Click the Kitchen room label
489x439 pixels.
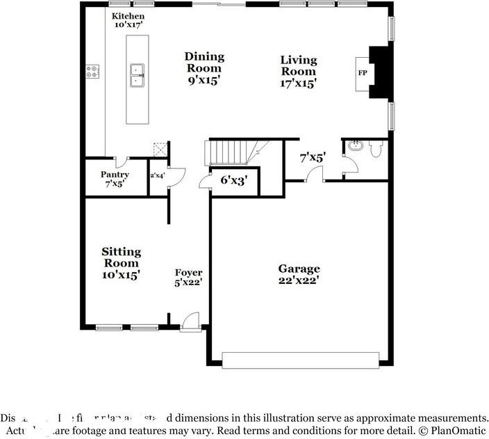coord(129,19)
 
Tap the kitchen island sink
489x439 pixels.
coord(137,74)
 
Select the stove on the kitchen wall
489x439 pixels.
coord(92,72)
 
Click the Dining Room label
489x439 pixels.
coord(204,67)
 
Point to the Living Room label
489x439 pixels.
coord(299,72)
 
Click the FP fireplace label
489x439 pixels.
coord(362,73)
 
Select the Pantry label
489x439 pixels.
coord(115,179)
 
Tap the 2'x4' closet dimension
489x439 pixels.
coord(157,176)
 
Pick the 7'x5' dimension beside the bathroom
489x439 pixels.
coord(313,158)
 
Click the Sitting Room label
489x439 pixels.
coord(122,262)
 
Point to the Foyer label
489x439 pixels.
coord(188,278)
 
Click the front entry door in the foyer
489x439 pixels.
coord(187,321)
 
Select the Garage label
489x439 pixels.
coord(299,274)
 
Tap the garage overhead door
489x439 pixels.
coord(300,359)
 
